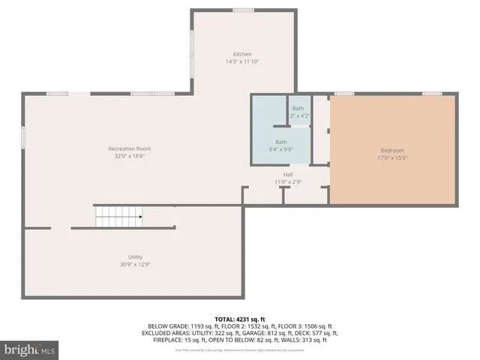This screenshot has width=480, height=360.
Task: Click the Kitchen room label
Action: pos(242,55)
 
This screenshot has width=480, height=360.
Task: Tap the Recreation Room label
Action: pos(124,148)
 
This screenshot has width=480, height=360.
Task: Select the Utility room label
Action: pos(136,257)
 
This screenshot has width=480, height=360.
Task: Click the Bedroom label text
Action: pos(391,151)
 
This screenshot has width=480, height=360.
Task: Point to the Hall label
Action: pos(288,174)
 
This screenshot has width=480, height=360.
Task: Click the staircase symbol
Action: pos(118,217)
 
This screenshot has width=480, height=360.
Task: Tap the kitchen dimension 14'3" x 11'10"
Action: pos(242,62)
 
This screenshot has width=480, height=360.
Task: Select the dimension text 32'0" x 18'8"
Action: pos(124,156)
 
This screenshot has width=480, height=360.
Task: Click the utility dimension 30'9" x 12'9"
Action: pos(136,265)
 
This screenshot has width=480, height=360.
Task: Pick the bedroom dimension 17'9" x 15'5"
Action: pos(391,158)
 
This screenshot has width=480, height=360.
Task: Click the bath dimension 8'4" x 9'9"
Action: pos(280,149)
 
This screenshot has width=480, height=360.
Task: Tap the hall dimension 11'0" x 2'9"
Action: pos(288,181)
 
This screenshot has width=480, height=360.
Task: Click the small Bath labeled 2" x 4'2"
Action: pos(299,112)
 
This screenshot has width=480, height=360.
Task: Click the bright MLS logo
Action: pos(30,349)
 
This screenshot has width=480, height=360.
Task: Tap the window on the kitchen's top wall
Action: pos(242,10)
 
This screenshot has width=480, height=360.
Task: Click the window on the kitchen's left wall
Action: pos(192,54)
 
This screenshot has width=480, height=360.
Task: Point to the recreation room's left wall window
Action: pos(23,137)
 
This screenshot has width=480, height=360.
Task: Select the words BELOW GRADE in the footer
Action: pos(167,326)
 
